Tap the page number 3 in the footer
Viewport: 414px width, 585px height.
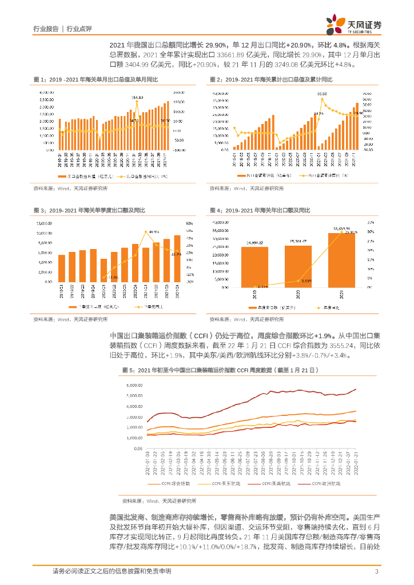pyautogui.click(x=376, y=571)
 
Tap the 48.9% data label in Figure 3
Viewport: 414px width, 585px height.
pyautogui.click(x=153, y=232)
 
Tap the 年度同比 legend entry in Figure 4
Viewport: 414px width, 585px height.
pyautogui.click(x=330, y=307)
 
